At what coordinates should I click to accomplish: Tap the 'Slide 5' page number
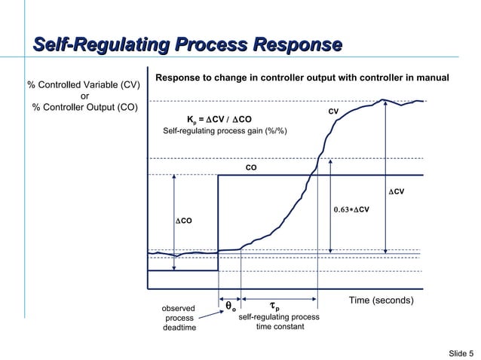461,353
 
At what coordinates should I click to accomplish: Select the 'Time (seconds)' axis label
381,301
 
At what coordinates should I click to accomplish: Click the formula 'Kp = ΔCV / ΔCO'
219,119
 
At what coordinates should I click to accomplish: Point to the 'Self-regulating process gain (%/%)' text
225,132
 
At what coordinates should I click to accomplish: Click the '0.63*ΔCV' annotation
351,209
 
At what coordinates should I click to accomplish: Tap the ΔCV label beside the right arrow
397,192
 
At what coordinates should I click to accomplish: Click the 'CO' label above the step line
251,168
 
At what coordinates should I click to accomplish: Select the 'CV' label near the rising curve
333,111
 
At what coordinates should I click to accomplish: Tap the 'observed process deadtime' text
179,319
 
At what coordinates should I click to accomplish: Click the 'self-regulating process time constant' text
278,322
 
